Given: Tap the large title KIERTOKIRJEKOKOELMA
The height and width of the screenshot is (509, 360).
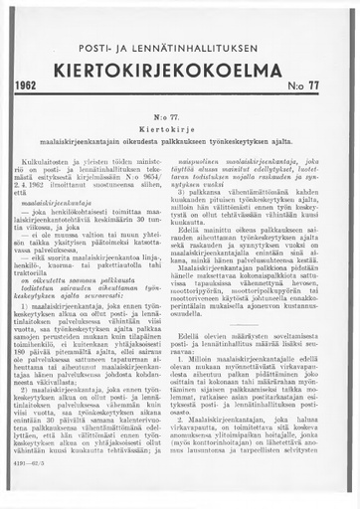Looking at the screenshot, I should (178, 69).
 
